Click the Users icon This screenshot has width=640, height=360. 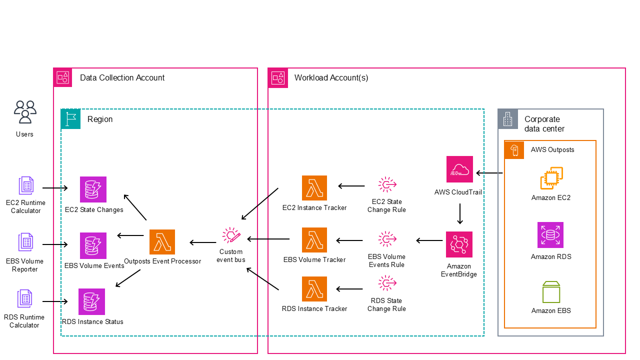pyautogui.click(x=25, y=112)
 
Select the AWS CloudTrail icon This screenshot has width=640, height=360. pyautogui.click(x=459, y=169)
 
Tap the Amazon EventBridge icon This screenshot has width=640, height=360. pyautogui.click(x=459, y=244)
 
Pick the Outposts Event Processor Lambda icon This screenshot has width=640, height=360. pyautogui.click(x=162, y=242)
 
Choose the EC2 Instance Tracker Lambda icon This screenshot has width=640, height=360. pyautogui.click(x=314, y=188)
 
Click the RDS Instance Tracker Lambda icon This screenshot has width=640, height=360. pyautogui.click(x=314, y=289)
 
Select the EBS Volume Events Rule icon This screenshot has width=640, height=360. pyautogui.click(x=386, y=240)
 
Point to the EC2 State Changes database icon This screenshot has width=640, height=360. pyautogui.click(x=93, y=189)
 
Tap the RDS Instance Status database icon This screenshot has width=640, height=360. pyautogui.click(x=92, y=301)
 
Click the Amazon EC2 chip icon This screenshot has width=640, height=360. pyautogui.click(x=551, y=178)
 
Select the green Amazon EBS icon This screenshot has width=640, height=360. pyautogui.click(x=551, y=292)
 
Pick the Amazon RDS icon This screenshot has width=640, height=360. pyautogui.click(x=551, y=235)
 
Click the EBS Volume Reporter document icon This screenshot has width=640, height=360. pyautogui.click(x=25, y=242)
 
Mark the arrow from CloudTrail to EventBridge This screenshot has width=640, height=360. pyautogui.click(x=459, y=213)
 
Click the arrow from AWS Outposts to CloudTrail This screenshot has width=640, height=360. pyautogui.click(x=489, y=173)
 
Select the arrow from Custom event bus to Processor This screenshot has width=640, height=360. pyautogui.click(x=203, y=243)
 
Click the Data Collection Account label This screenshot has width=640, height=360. pyautogui.click(x=122, y=78)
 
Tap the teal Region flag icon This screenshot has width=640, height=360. pyautogui.click(x=70, y=119)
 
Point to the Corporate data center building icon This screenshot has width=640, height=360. pyautogui.click(x=507, y=119)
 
